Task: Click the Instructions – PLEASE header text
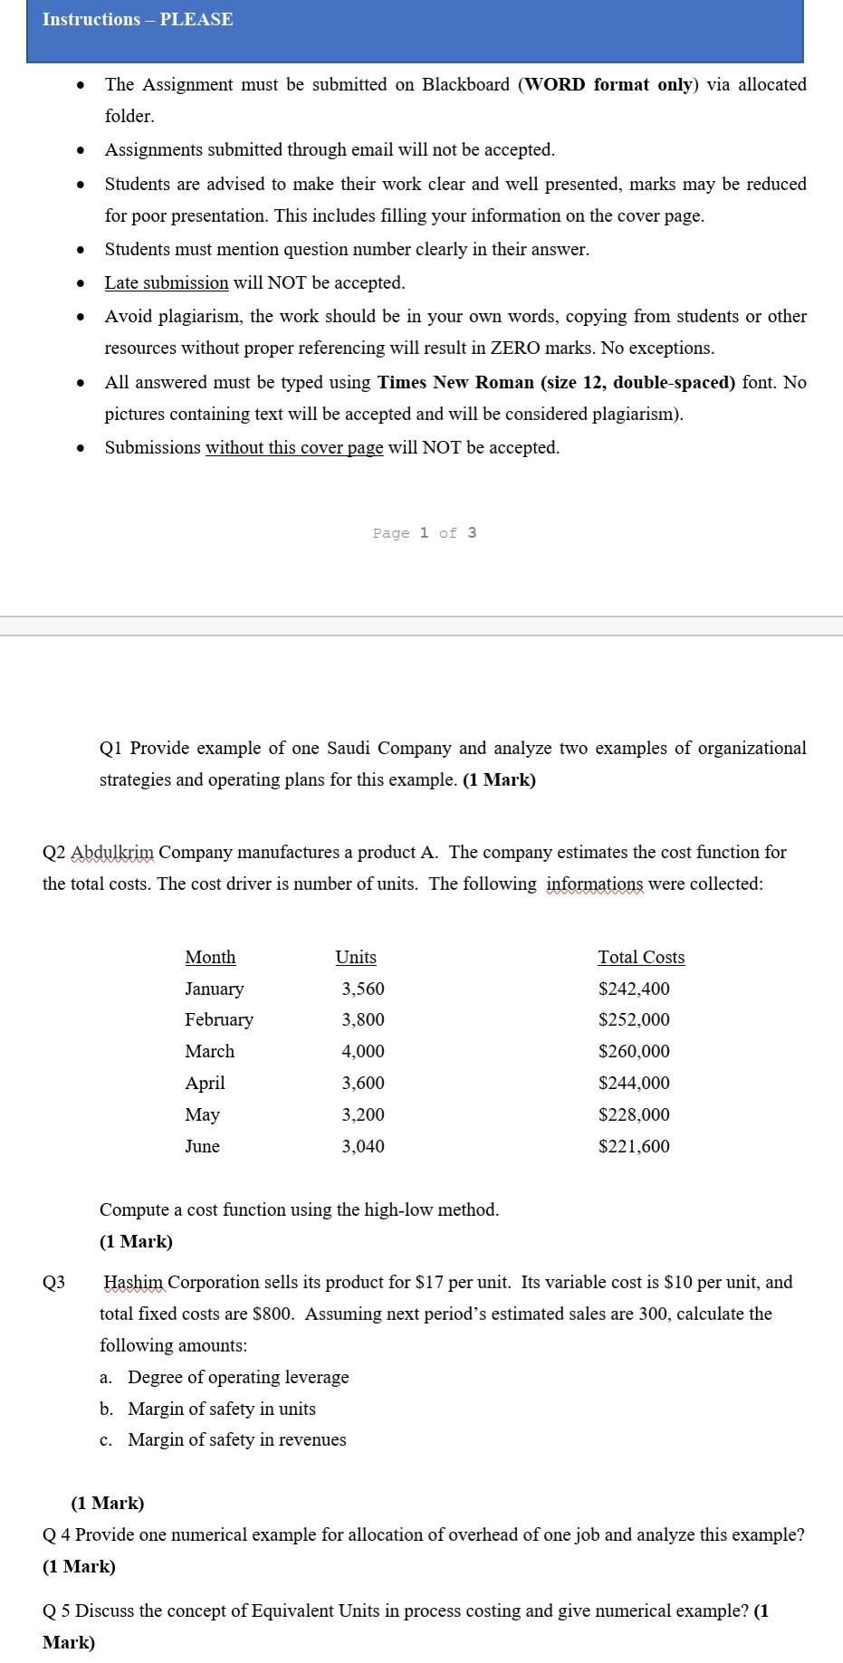(138, 20)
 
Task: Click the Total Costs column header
(641, 957)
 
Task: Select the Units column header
(356, 957)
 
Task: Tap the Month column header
(210, 957)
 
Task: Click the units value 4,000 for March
(363, 1051)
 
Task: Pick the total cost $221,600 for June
(634, 1146)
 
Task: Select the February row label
(219, 1019)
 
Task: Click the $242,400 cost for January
(634, 989)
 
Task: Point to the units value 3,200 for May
(363, 1114)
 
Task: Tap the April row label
(205, 1083)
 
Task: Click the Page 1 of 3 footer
(424, 532)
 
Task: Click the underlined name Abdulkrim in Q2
(112, 852)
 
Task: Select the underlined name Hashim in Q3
(135, 1282)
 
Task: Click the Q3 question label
(53, 1282)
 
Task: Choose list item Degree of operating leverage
(237, 1377)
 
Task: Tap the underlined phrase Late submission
(167, 282)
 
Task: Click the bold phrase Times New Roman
(455, 382)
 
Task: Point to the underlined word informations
(594, 884)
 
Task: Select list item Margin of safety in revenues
(236, 1439)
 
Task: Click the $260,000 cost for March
(634, 1051)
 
